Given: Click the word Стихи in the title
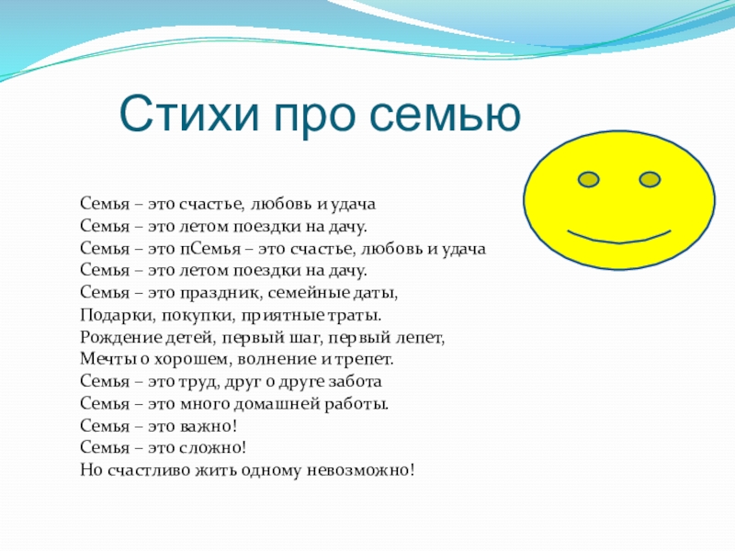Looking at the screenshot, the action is pyautogui.click(x=189, y=114).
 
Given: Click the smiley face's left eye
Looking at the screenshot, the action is pyautogui.click(x=589, y=179).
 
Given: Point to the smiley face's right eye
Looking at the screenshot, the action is pyautogui.click(x=650, y=179).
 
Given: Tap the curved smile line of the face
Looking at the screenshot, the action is pyautogui.click(x=618, y=239).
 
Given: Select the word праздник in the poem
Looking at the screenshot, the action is pyautogui.click(x=220, y=293).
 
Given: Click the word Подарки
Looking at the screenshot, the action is pyautogui.click(x=118, y=315).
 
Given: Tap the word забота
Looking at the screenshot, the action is pyautogui.click(x=355, y=381).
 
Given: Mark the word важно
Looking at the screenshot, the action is pyautogui.click(x=209, y=426).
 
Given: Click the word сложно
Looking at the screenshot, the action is pyautogui.click(x=213, y=448).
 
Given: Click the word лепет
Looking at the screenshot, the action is pyautogui.click(x=419, y=338).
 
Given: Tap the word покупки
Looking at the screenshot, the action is pyautogui.click(x=198, y=316).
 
